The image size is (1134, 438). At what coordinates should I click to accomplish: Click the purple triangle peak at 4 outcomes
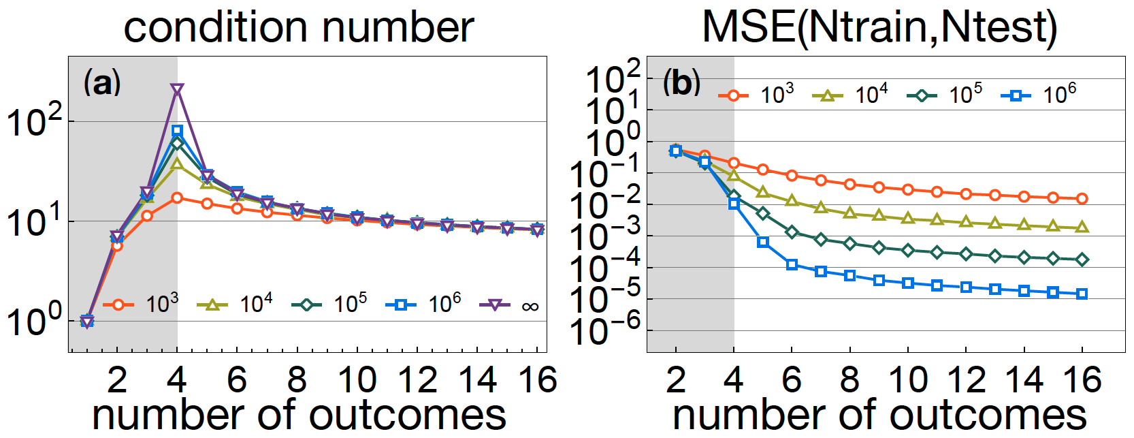pos(177,90)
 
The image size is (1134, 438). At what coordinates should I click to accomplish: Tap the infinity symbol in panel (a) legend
pos(530,307)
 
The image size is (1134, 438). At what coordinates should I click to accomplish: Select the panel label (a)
pos(101,83)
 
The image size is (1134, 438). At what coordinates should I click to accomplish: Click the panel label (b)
pos(681,83)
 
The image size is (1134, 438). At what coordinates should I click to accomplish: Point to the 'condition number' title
pos(299,27)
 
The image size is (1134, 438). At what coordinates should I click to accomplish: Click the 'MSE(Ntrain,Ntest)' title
pos(879,27)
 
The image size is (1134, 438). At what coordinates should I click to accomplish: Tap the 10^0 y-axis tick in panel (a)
pos(34,321)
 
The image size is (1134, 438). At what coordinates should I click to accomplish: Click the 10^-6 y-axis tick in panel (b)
pos(613,331)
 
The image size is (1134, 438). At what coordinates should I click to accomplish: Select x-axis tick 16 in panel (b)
pos(1082,379)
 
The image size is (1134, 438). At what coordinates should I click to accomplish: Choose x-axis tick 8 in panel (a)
pos(297,379)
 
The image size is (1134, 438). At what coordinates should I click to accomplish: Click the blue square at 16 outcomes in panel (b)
pos(1082,294)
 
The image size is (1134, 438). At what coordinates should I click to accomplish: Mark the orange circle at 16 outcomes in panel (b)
pos(1082,199)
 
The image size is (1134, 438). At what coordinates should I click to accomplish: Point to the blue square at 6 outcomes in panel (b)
pos(792,264)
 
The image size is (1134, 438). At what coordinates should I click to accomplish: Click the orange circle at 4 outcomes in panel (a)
pos(177,198)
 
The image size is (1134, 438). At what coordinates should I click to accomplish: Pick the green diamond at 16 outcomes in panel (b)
pos(1082,260)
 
